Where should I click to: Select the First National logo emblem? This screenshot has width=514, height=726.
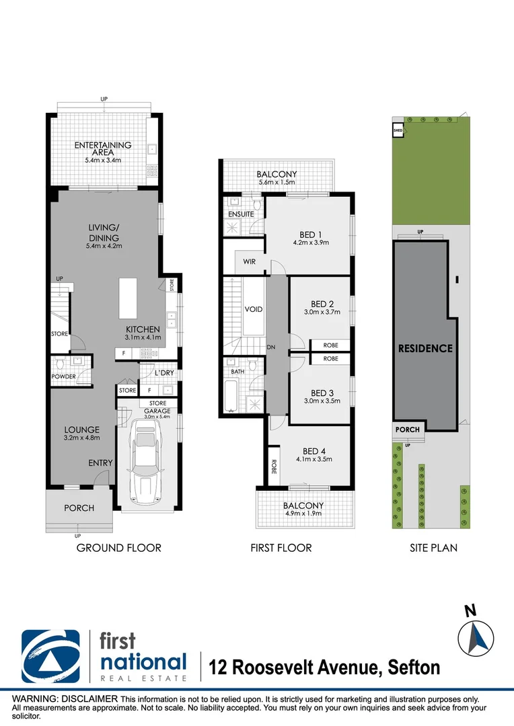(x=50, y=656)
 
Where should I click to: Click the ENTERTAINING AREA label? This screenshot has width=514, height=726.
(x=102, y=149)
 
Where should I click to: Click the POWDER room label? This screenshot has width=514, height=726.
(x=63, y=376)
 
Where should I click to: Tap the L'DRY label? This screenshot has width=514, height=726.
(x=164, y=372)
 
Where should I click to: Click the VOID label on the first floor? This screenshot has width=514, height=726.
(x=254, y=310)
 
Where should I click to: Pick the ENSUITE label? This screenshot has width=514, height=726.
(x=241, y=214)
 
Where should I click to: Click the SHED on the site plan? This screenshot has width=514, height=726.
(x=398, y=128)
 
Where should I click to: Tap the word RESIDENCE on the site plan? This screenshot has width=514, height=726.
(x=425, y=348)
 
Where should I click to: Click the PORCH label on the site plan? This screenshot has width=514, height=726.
(x=407, y=430)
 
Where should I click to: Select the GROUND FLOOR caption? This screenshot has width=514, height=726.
(x=118, y=548)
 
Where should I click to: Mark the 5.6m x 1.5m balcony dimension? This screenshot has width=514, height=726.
(x=277, y=183)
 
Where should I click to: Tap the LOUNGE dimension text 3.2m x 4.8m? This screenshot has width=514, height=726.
(x=82, y=438)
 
